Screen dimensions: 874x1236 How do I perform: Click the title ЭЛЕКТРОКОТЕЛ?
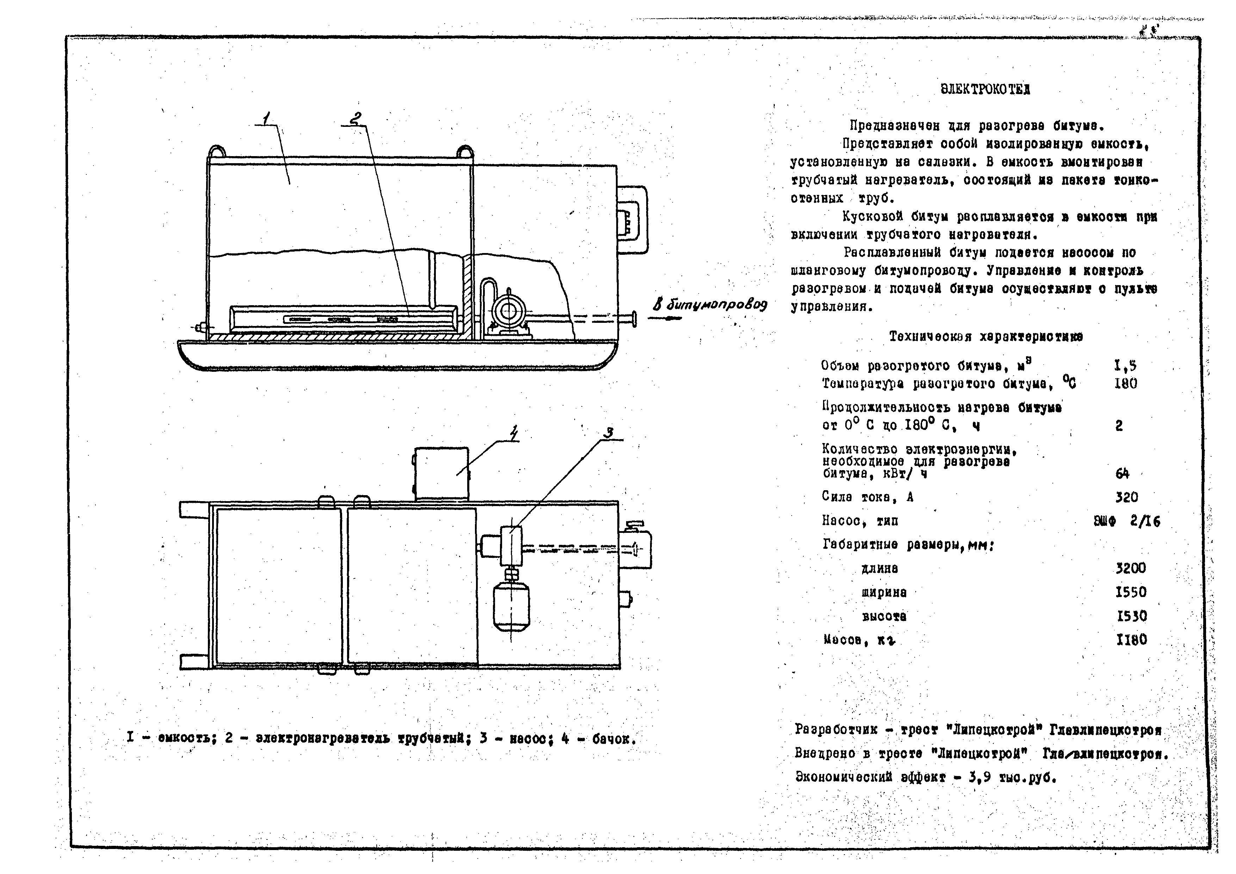click(x=985, y=90)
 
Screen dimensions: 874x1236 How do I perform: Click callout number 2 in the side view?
click(x=355, y=118)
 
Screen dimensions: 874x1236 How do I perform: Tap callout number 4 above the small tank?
click(x=514, y=433)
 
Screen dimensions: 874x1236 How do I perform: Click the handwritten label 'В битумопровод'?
click(x=710, y=305)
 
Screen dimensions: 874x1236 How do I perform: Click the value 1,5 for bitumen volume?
click(x=1125, y=366)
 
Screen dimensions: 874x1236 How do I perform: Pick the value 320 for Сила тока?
click(x=1126, y=497)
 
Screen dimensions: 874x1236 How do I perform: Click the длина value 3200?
click(x=1131, y=568)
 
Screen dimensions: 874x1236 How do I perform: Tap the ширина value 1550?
click(x=1131, y=592)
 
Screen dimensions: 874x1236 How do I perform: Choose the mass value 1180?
click(x=1131, y=640)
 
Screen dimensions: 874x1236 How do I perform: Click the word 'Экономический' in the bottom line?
click(x=840, y=777)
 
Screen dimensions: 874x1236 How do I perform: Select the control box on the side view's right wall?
click(x=632, y=219)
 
